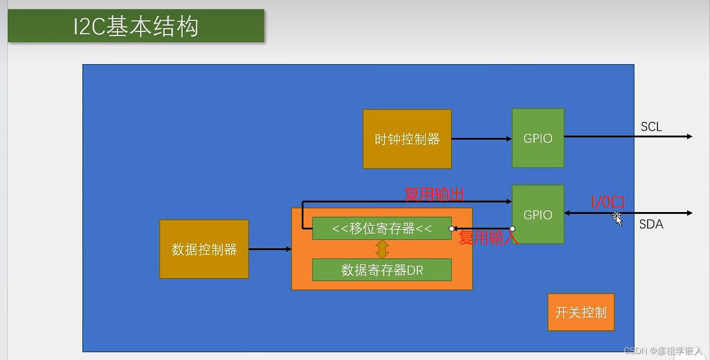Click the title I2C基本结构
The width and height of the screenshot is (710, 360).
135,27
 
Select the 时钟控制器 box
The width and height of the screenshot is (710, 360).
407,139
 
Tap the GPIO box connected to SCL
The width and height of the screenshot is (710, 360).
538,138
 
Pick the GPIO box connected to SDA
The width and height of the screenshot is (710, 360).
538,214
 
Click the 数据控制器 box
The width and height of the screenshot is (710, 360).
204,249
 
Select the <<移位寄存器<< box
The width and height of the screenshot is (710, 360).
382,228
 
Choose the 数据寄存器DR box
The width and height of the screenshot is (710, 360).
382,270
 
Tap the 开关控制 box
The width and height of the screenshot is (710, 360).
581,312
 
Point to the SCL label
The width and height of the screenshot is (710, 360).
651,127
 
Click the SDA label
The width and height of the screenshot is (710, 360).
651,224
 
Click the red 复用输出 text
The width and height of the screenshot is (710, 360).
434,194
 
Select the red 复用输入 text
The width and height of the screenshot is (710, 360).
488,237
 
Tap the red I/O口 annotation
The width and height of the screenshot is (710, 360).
608,202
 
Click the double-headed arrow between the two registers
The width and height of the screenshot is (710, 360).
382,249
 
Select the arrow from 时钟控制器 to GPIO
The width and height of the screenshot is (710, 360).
481,138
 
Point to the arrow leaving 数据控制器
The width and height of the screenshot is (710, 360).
270,249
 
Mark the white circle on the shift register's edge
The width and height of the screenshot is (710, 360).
452,229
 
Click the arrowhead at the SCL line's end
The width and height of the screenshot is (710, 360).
689,136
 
